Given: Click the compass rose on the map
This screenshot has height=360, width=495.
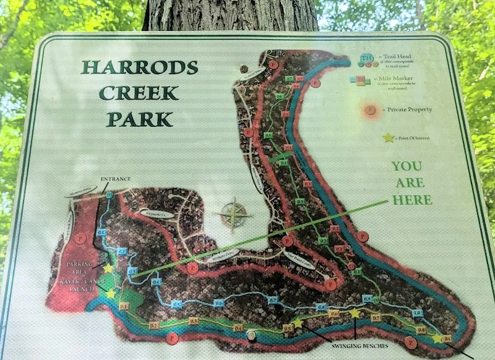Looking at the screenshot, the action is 233,215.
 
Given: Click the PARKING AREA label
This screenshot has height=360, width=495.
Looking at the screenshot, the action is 80,267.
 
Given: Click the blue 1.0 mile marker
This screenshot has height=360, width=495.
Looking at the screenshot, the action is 417,314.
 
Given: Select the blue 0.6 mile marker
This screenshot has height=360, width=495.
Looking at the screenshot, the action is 218,303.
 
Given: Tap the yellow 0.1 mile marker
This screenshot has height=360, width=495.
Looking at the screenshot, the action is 123,306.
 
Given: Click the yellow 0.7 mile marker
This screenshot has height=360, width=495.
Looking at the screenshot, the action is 376,318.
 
